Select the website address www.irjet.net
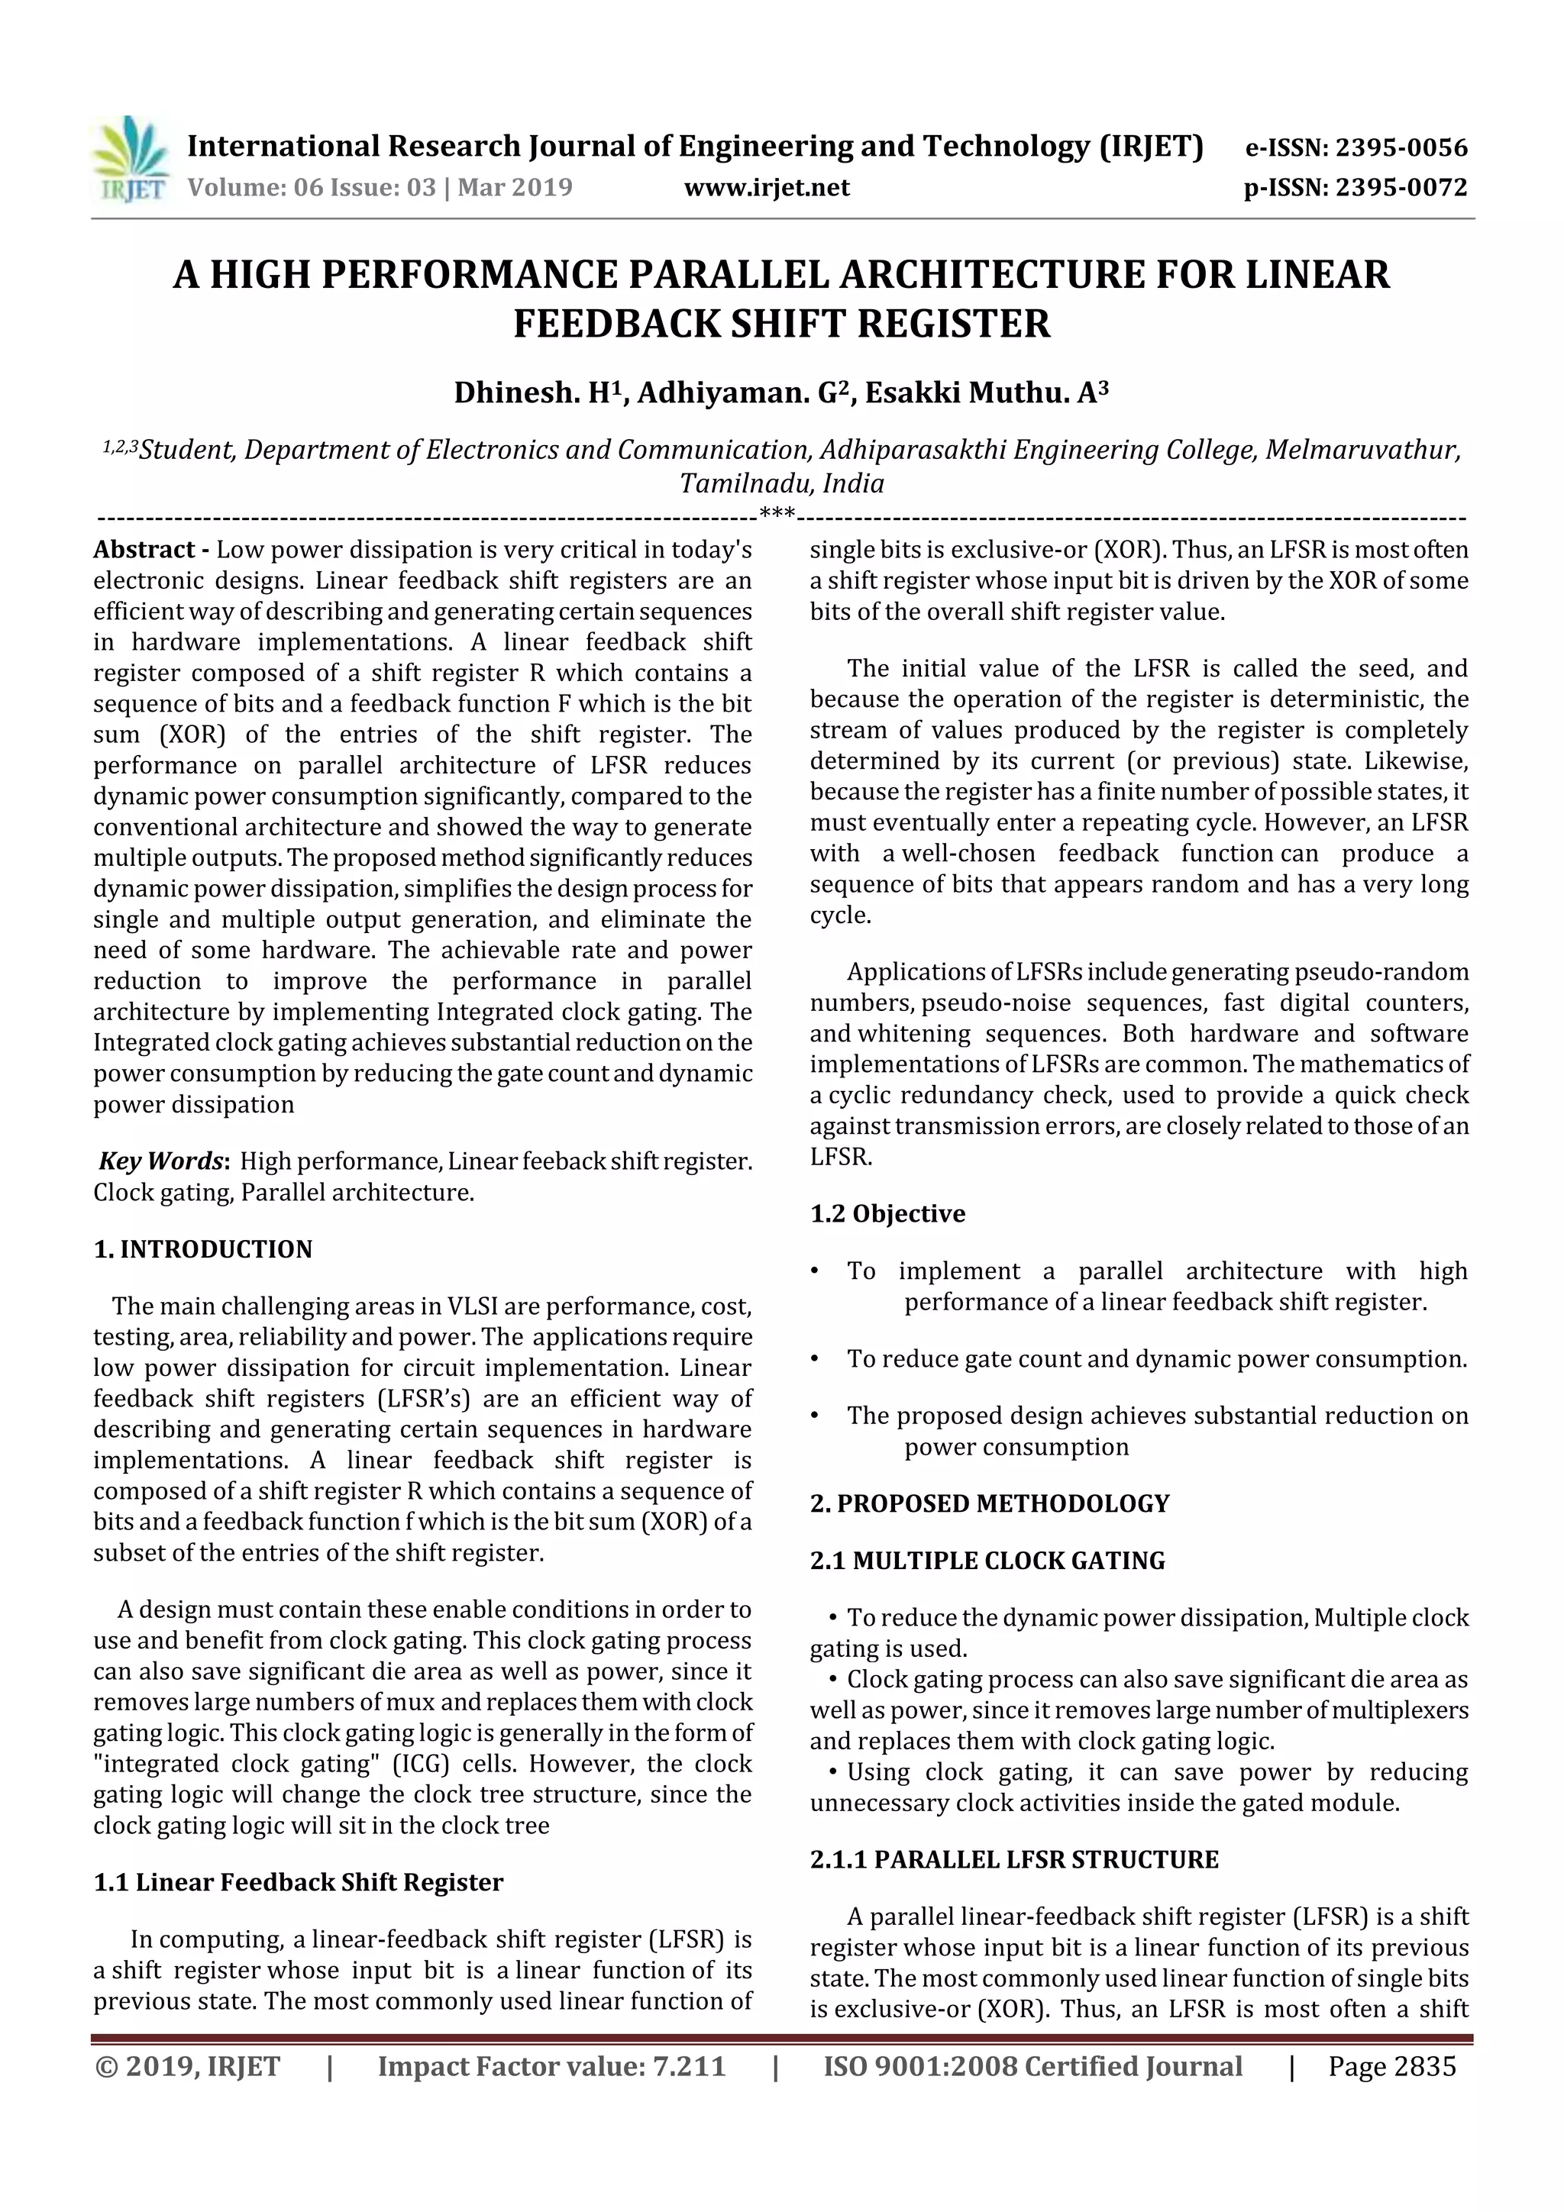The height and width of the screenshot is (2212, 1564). [x=767, y=187]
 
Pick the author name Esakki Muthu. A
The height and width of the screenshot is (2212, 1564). [x=985, y=393]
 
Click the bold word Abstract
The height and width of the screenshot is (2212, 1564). [x=144, y=550]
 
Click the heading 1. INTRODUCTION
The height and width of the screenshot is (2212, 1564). [x=203, y=1250]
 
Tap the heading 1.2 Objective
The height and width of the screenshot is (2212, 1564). [x=887, y=1214]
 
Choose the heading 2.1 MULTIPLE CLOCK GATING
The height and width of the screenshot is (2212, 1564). [x=987, y=1561]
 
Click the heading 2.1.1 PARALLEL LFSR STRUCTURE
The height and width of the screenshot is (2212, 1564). [x=1015, y=1859]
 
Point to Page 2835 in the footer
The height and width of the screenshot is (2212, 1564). [x=1391, y=2066]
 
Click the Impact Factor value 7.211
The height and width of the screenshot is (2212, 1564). [x=687, y=2066]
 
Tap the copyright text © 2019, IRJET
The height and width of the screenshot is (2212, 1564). [x=188, y=2066]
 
